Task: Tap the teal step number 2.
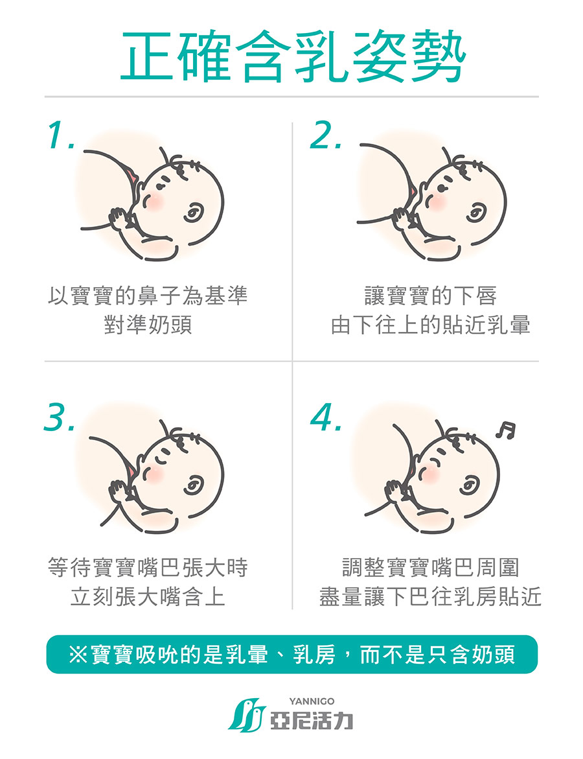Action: point(326,135)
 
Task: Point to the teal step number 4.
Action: point(326,416)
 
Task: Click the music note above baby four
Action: point(505,430)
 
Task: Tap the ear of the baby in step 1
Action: point(193,211)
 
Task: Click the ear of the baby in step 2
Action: point(475,211)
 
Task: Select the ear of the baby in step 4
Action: point(469,485)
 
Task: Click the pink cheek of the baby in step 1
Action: point(155,202)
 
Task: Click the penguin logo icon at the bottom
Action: point(247,715)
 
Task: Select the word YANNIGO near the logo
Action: point(312,701)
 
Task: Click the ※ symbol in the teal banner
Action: point(78,655)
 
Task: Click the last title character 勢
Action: point(439,56)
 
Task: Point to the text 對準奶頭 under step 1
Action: point(148,324)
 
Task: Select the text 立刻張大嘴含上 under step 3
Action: point(148,596)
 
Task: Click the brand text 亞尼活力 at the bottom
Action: point(312,721)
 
